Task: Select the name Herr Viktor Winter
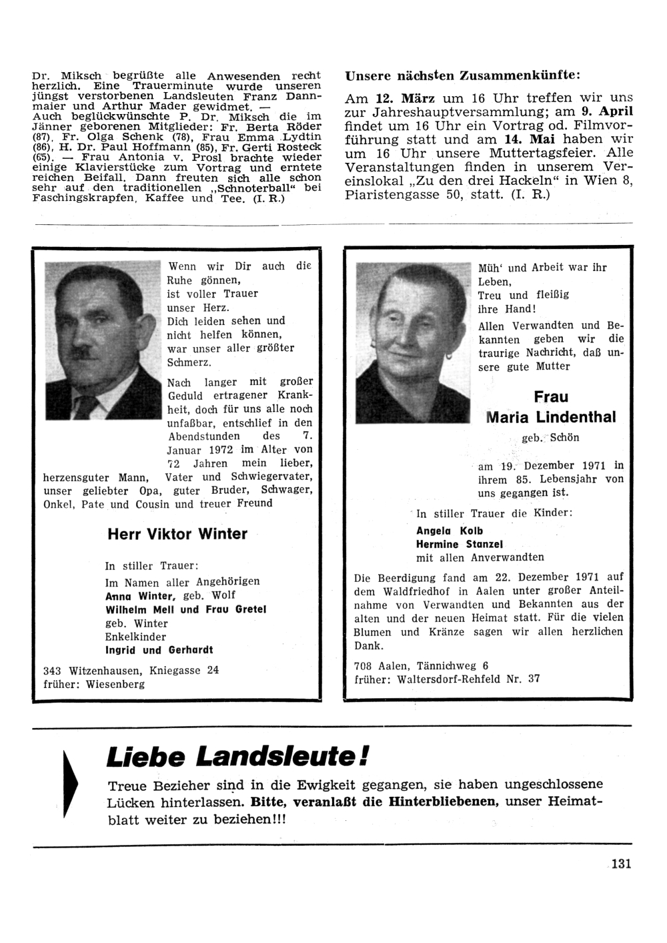click(x=177, y=534)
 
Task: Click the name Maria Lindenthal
click(x=551, y=418)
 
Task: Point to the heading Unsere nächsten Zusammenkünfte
click(x=462, y=76)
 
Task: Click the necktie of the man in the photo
click(x=87, y=407)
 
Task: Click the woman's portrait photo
click(x=413, y=343)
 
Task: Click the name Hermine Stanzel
click(x=459, y=544)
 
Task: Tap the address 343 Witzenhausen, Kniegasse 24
click(x=130, y=670)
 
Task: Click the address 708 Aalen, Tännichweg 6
click(x=421, y=665)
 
